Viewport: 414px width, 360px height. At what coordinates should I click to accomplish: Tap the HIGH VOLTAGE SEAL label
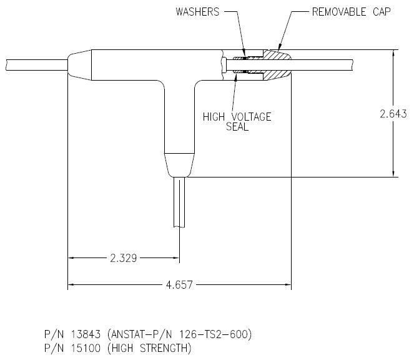tap(237, 122)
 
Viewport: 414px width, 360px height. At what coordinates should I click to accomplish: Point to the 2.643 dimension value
tap(393, 114)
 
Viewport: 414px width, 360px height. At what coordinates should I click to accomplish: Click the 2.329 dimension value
tap(123, 257)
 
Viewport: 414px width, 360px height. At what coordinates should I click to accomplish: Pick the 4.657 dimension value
tap(179, 285)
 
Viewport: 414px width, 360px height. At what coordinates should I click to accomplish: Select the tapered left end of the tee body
tap(79, 65)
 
